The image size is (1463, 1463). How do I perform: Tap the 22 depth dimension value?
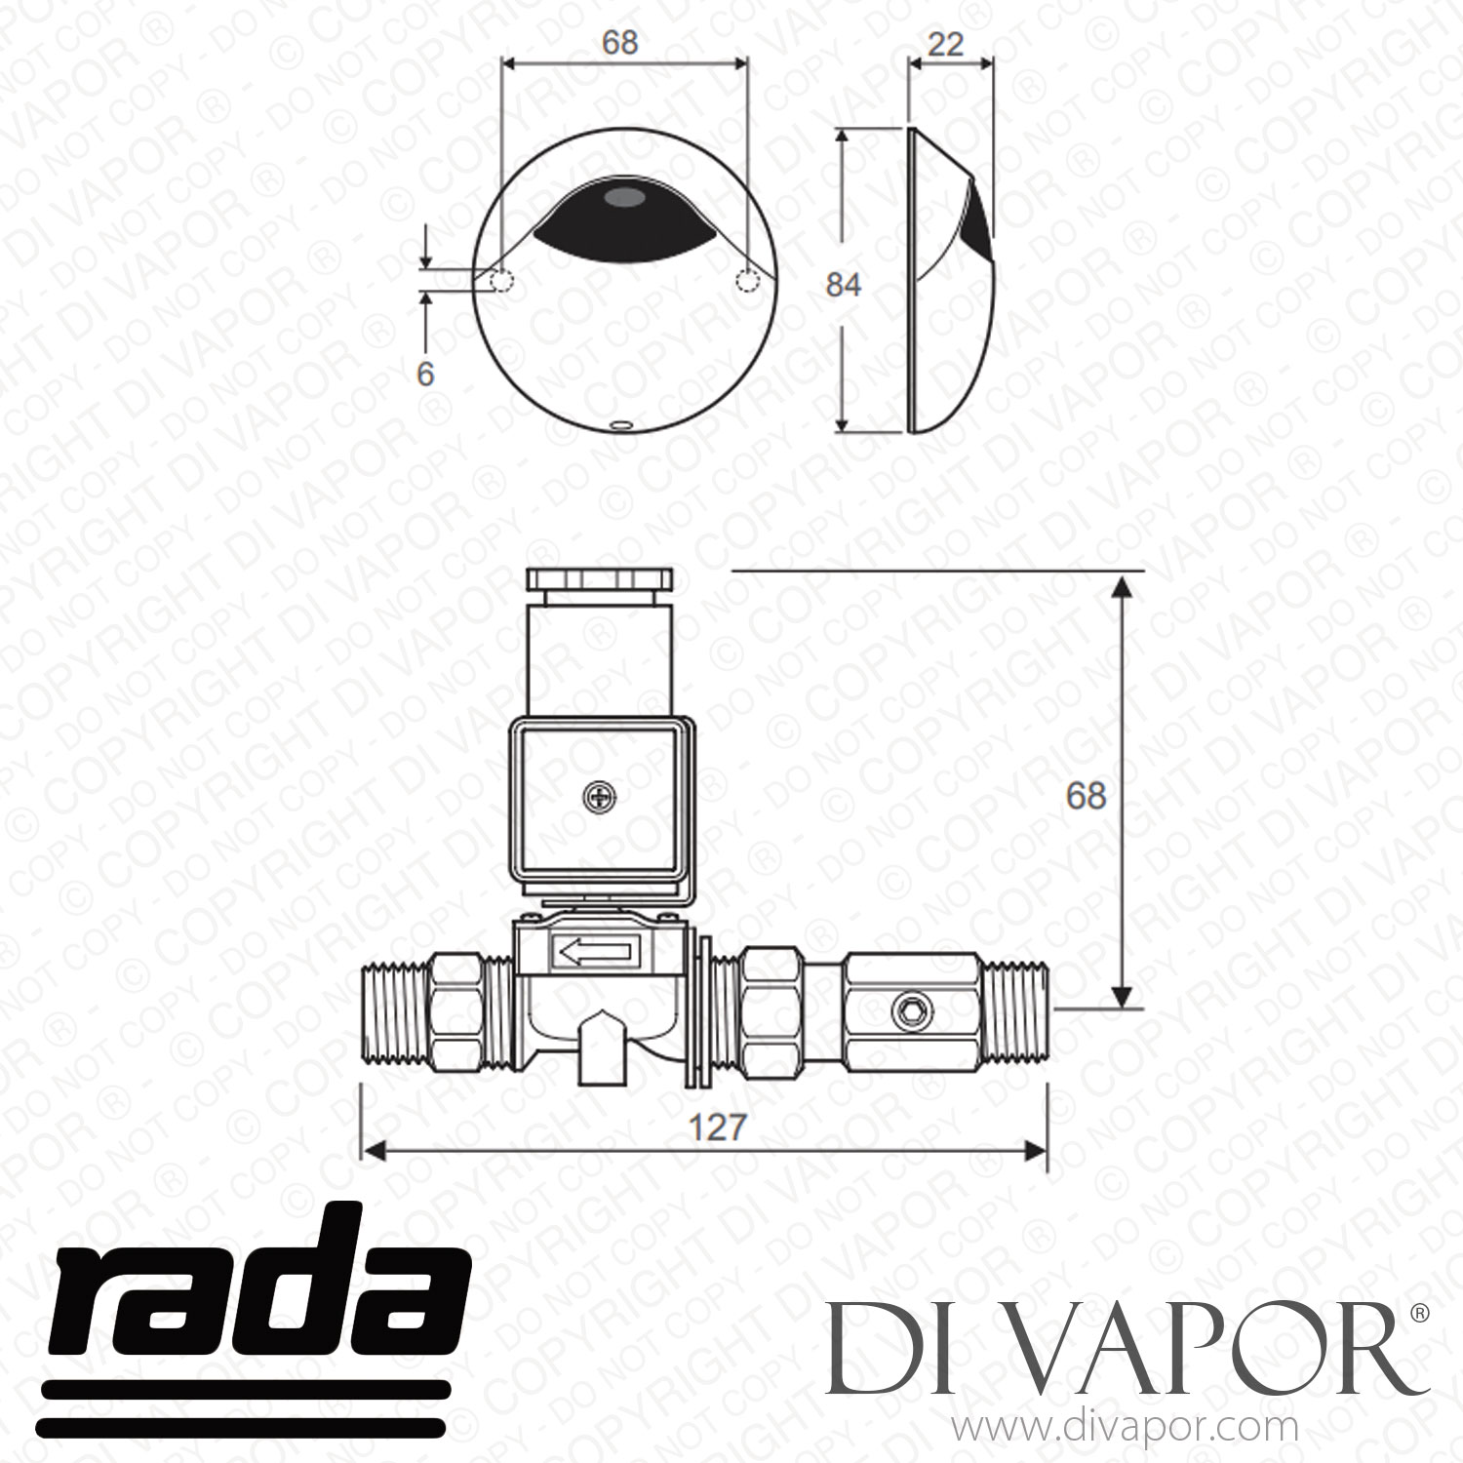(x=945, y=44)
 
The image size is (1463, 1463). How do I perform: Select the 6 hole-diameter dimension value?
(x=425, y=374)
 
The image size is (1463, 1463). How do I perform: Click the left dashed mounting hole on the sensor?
(x=501, y=282)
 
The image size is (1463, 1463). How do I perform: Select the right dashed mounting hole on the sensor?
(x=747, y=282)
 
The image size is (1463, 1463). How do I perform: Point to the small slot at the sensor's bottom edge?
(x=620, y=424)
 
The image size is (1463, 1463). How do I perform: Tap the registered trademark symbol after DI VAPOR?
(x=1420, y=1315)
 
